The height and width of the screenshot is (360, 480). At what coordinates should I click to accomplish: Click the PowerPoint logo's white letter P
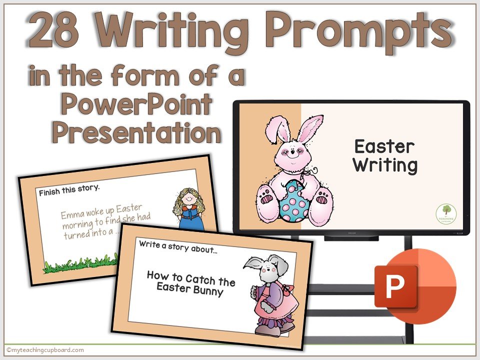pos(395,286)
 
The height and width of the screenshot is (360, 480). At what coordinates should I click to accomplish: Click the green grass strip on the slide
pos(80,265)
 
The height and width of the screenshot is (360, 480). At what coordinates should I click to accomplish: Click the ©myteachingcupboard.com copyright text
pos(45,350)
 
